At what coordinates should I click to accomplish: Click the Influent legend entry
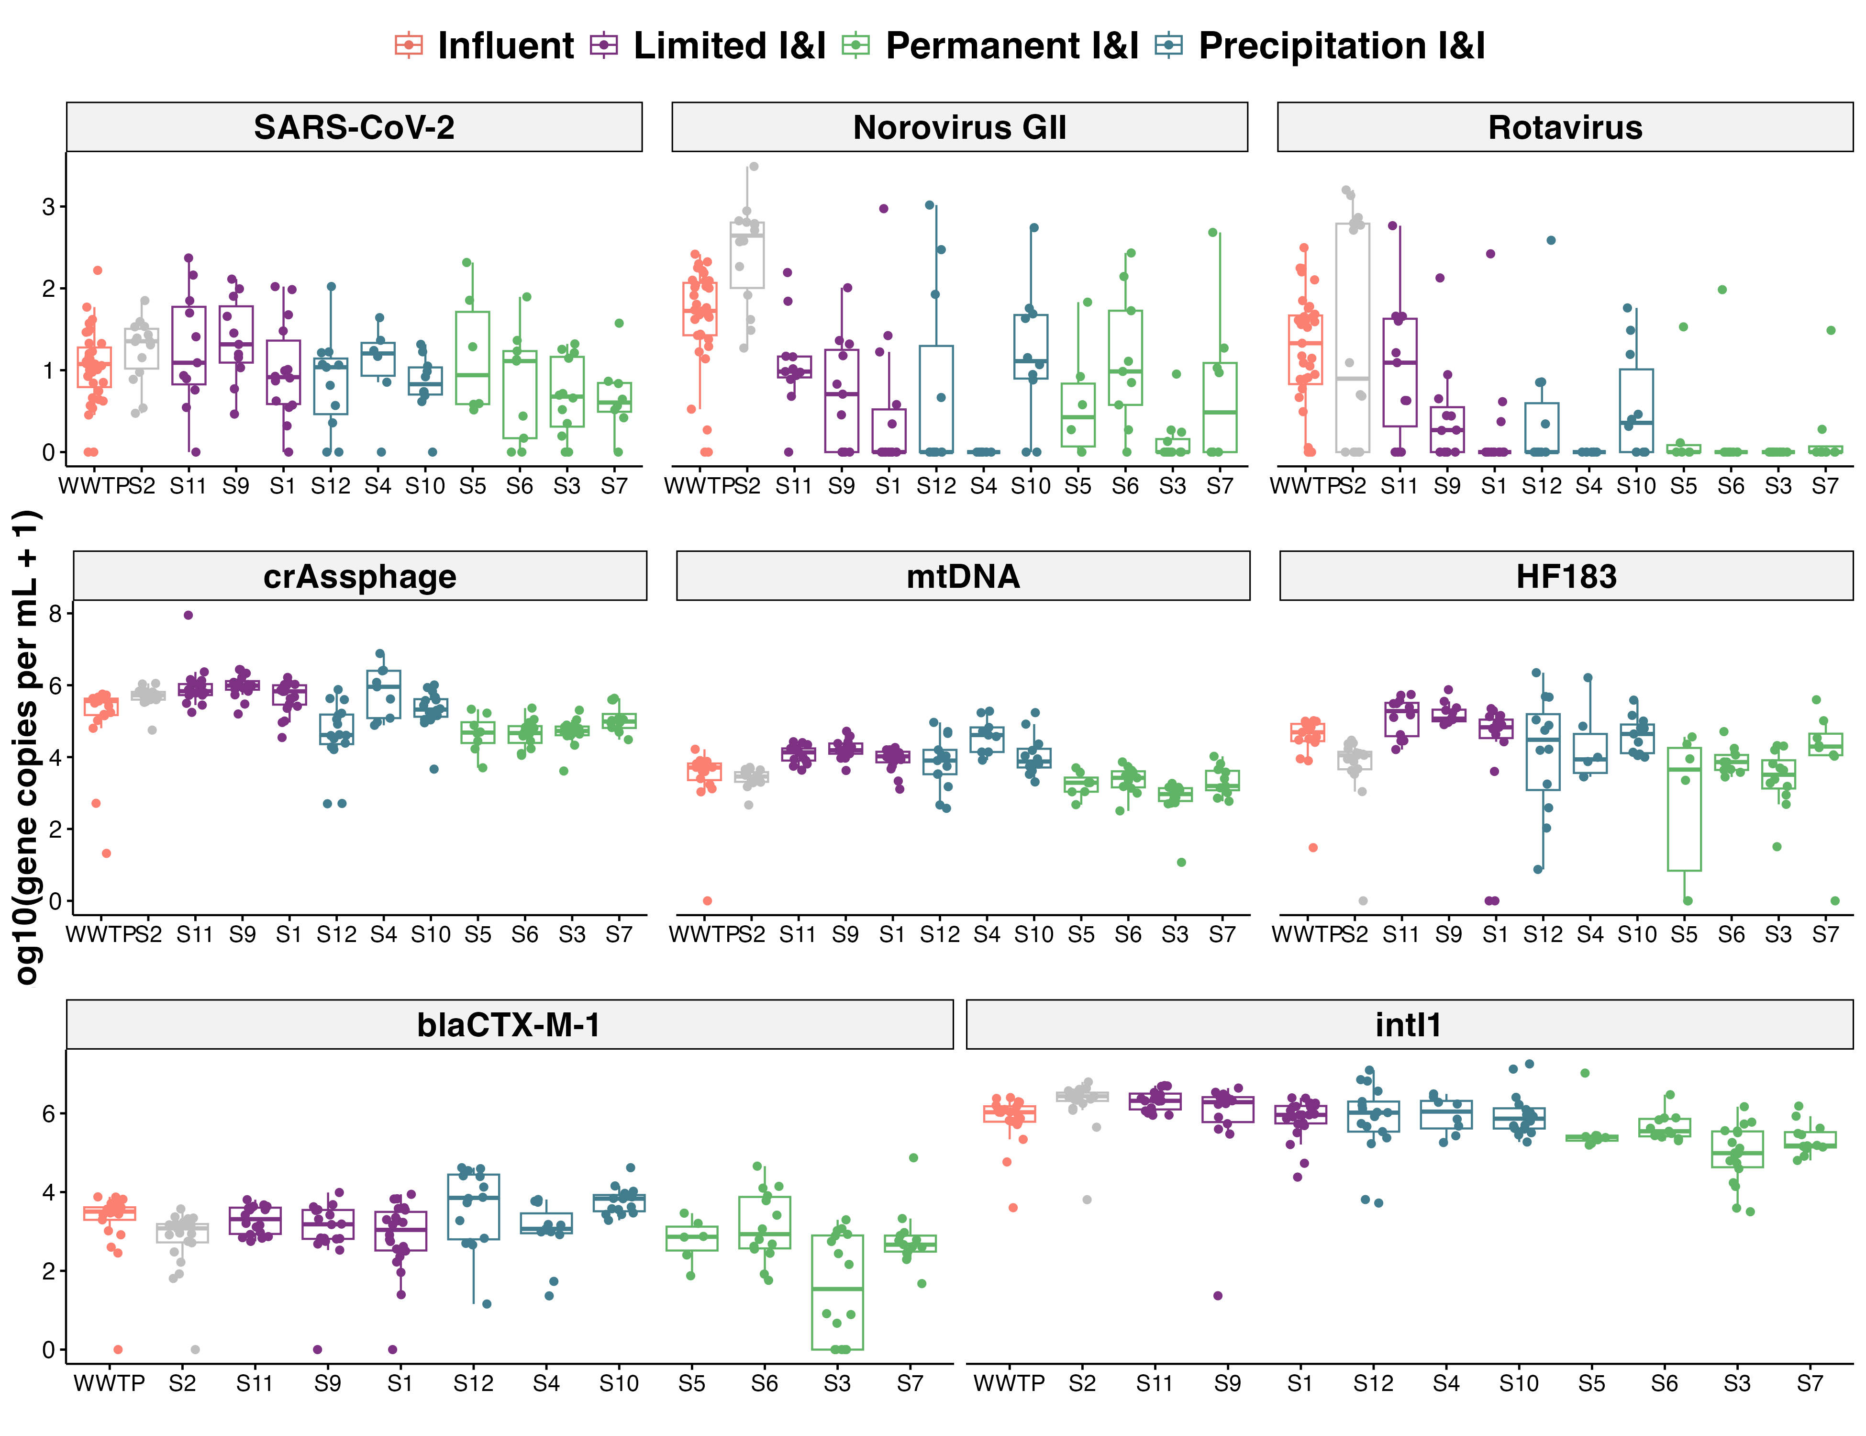[x=485, y=46]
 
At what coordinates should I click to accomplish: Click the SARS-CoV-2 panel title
[x=354, y=127]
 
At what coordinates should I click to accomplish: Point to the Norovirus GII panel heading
[x=959, y=127]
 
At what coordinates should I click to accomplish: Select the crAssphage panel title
[x=360, y=576]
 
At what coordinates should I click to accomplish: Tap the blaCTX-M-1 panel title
[x=509, y=1024]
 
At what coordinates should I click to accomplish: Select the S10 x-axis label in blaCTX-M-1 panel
[x=619, y=1383]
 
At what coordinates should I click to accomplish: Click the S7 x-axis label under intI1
[x=1810, y=1383]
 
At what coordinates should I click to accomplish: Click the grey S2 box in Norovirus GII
[x=747, y=255]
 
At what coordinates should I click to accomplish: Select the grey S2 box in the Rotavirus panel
[x=1353, y=337]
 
